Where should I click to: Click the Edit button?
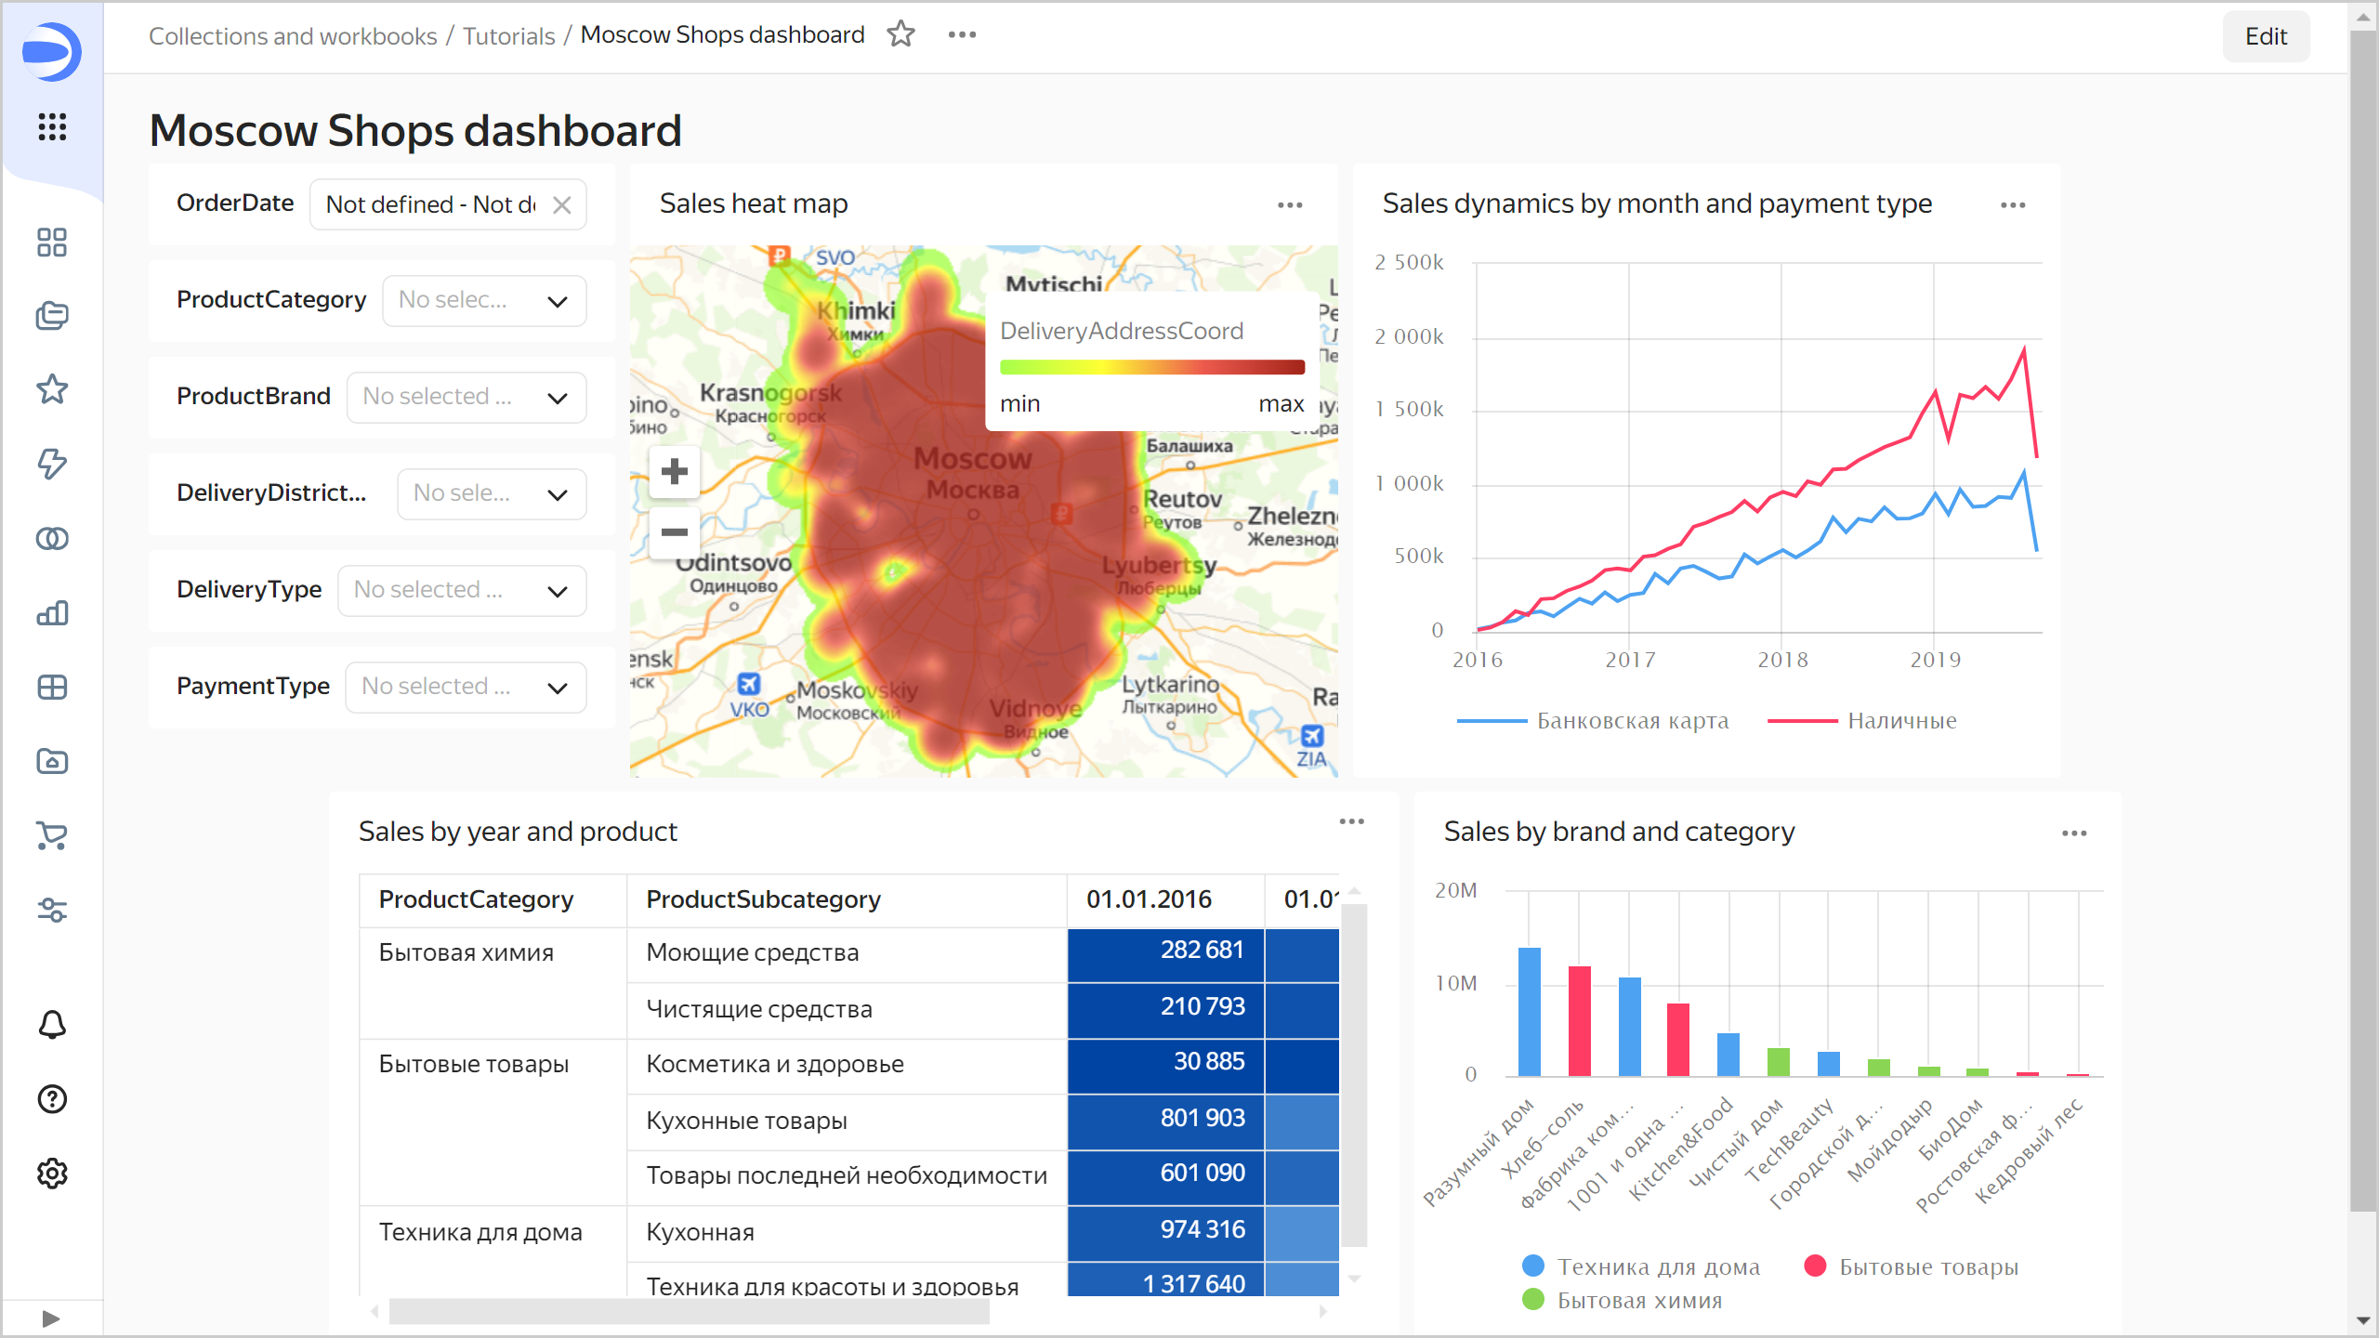[x=2265, y=36]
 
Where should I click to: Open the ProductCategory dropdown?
[x=484, y=301]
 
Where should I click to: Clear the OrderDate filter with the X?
[x=562, y=205]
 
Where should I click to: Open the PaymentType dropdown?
[x=466, y=688]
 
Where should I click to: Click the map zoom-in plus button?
[x=675, y=472]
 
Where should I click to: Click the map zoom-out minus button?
[x=675, y=532]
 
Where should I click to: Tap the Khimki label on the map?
[x=856, y=311]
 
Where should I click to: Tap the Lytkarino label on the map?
[x=1170, y=685]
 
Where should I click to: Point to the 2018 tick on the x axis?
[x=1782, y=660]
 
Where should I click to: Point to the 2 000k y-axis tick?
[x=1409, y=336]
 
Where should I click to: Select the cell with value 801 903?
[x=1165, y=1119]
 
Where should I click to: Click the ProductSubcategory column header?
[x=763, y=899]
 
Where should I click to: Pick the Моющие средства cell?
[x=752, y=952]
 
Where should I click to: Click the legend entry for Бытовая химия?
[x=1638, y=1301]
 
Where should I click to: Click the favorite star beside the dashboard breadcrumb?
[x=900, y=35]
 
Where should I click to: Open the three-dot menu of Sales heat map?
[x=1290, y=205]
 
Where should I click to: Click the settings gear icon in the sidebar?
[x=52, y=1174]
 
